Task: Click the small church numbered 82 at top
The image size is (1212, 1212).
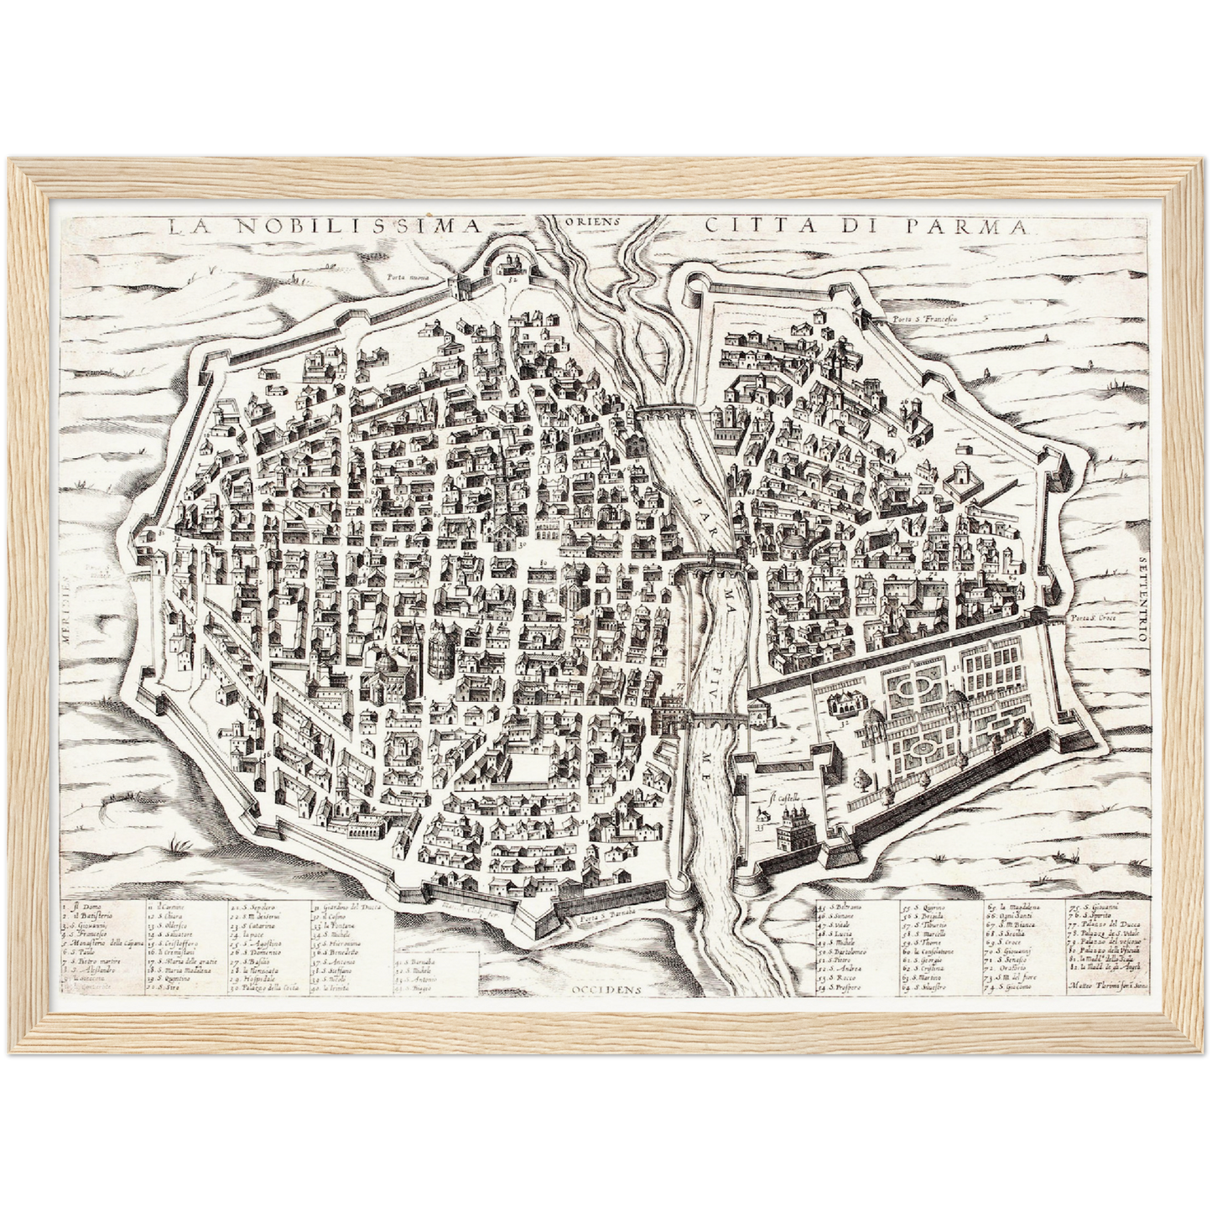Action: pyautogui.click(x=508, y=267)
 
